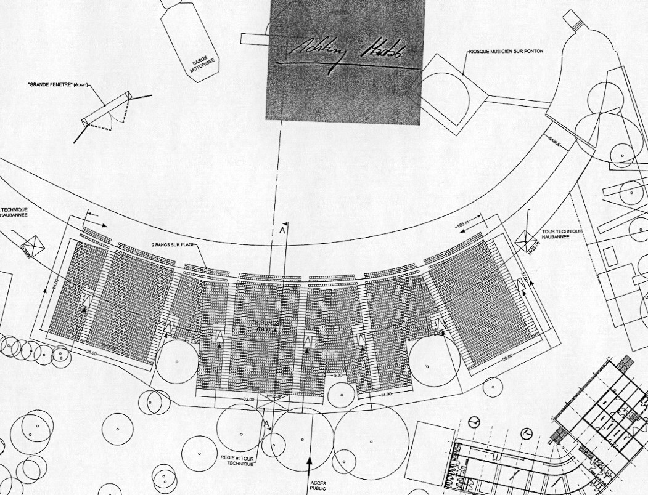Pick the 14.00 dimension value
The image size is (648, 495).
pos(387,394)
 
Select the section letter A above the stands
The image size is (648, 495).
pos(282,230)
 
